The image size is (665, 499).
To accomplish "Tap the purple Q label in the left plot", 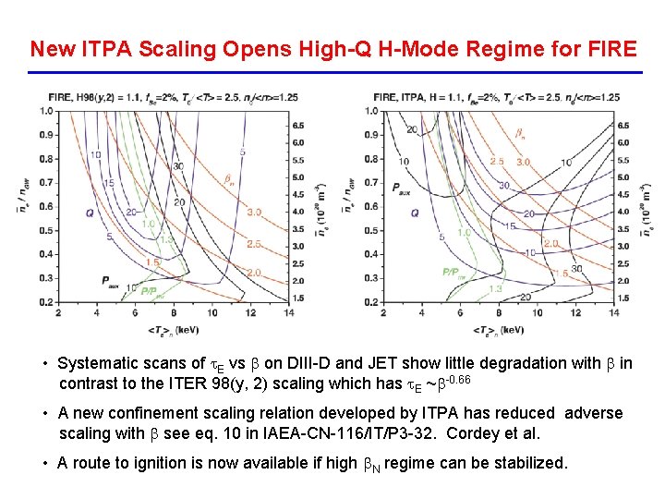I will [x=90, y=213].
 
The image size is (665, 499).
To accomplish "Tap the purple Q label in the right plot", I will [x=415, y=213].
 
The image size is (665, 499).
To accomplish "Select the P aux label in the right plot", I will [x=401, y=189].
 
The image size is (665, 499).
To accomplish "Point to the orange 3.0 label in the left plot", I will [x=254, y=212].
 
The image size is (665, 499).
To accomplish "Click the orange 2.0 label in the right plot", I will [x=550, y=243].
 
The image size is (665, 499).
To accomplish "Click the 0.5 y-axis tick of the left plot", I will [x=46, y=230].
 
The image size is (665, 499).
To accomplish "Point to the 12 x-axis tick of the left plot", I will [x=251, y=312].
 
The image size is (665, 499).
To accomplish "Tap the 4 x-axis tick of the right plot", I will [x=422, y=312].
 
